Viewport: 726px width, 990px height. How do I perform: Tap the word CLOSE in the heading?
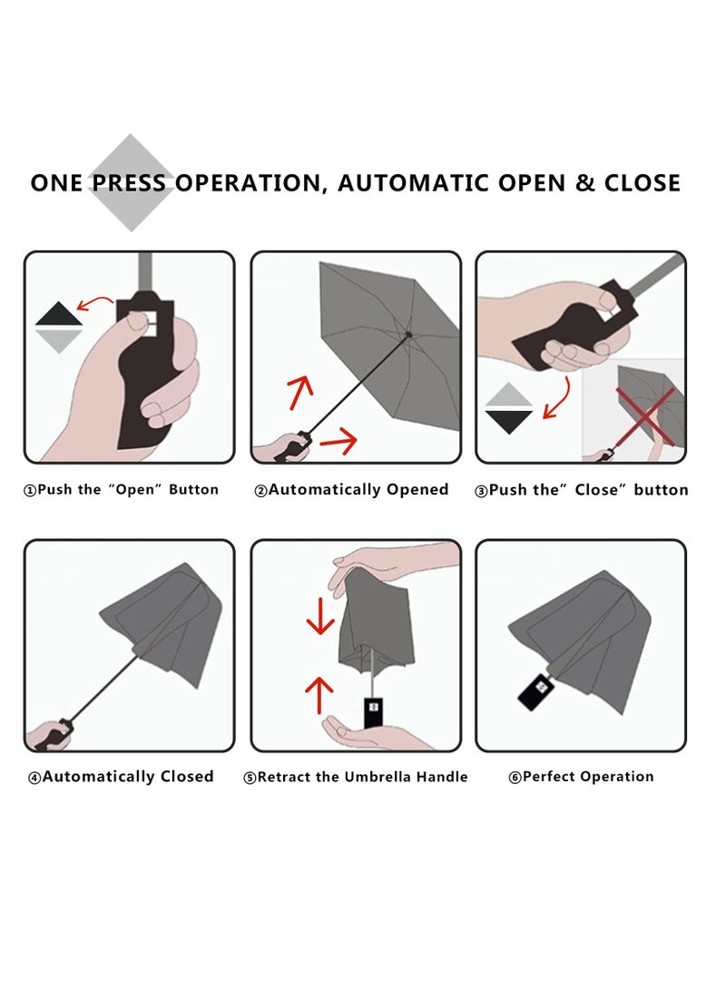pyautogui.click(x=642, y=183)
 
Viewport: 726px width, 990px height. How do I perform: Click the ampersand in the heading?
pyautogui.click(x=585, y=183)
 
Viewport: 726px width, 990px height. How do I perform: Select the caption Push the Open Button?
pyautogui.click(x=122, y=490)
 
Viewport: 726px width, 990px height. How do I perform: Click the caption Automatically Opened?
pyautogui.click(x=351, y=490)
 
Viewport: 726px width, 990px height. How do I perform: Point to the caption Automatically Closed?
pyautogui.click(x=122, y=777)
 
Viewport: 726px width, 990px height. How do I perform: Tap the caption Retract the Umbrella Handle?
pyautogui.click(x=356, y=778)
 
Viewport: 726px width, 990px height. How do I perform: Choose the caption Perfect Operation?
pyautogui.click(x=581, y=777)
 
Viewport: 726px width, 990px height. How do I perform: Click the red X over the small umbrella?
pyautogui.click(x=645, y=417)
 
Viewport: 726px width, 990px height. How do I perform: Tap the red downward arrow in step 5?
pyautogui.click(x=320, y=615)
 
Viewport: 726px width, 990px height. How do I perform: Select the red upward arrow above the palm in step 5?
pyautogui.click(x=319, y=695)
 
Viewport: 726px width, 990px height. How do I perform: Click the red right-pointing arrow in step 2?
pyautogui.click(x=338, y=440)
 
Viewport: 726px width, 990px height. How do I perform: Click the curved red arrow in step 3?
pyautogui.click(x=558, y=398)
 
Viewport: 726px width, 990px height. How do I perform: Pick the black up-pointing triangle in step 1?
pyautogui.click(x=59, y=314)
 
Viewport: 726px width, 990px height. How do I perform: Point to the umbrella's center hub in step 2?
pyautogui.click(x=408, y=335)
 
